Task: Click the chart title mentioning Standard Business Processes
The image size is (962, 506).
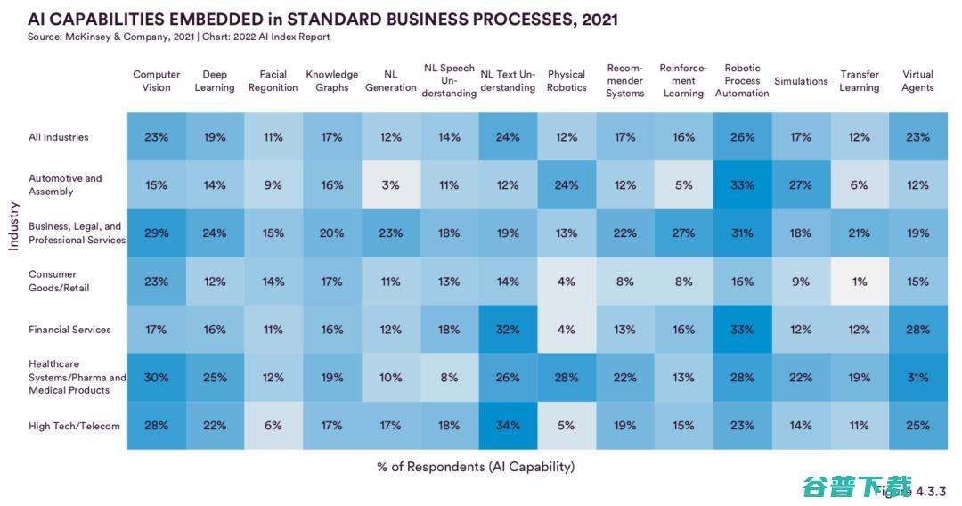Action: (322, 19)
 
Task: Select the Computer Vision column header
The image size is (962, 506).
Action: (157, 81)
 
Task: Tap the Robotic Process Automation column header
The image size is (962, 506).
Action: (742, 81)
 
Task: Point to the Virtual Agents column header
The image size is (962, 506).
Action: (917, 81)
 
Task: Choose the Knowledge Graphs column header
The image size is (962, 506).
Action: (332, 81)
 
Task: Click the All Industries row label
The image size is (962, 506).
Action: (59, 137)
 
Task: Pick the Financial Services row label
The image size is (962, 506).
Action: (69, 330)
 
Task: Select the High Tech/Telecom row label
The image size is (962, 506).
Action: (74, 426)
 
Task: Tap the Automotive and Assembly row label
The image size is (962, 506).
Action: (65, 185)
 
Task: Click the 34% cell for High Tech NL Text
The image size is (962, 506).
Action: (508, 426)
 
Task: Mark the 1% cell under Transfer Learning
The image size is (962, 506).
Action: (860, 282)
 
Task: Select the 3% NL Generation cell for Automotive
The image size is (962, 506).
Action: (391, 185)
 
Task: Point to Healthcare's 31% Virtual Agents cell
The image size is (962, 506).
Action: (917, 378)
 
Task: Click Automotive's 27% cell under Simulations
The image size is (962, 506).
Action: (801, 185)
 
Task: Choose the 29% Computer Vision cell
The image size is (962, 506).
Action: (157, 233)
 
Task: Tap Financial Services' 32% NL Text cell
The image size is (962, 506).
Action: (508, 330)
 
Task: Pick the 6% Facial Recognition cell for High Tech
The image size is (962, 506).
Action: (273, 426)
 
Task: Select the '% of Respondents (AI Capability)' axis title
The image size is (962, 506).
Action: (476, 467)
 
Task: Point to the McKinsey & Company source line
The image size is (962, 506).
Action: (179, 37)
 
